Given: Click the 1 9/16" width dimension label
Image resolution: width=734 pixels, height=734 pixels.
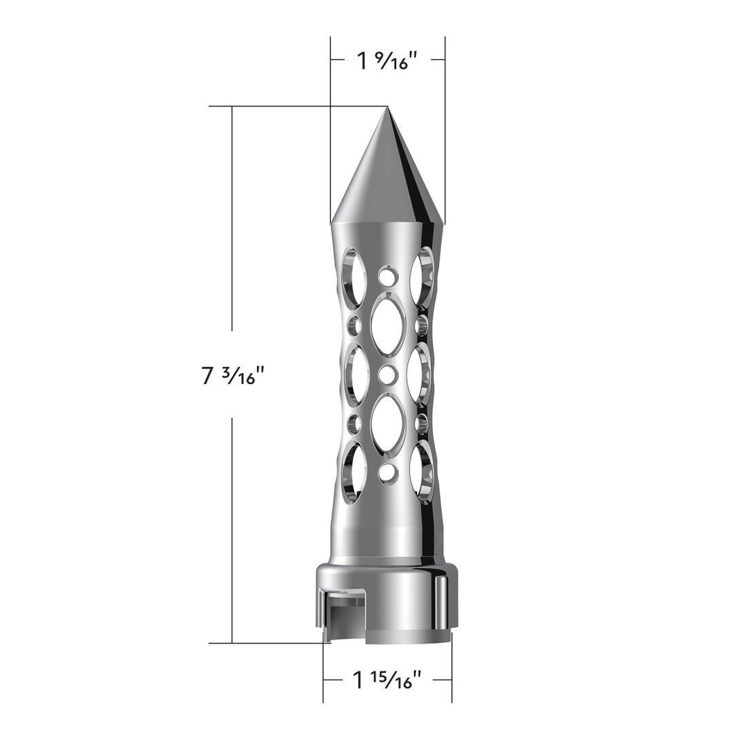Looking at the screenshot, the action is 387,61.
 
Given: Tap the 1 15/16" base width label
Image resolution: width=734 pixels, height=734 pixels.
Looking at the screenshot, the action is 387,680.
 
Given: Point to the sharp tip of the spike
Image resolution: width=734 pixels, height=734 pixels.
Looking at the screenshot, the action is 387,107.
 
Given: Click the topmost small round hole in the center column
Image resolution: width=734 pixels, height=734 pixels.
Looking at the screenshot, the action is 387,277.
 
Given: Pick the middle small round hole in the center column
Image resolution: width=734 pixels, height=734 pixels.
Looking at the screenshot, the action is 387,375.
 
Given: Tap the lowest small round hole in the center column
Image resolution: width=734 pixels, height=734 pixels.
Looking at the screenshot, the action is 387,473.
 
